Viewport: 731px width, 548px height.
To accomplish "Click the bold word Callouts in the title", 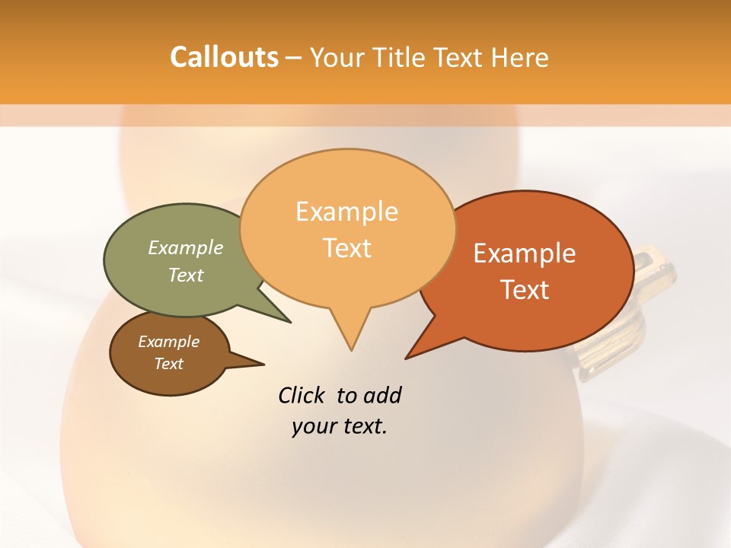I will coord(225,57).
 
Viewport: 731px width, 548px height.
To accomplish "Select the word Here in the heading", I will coord(520,57).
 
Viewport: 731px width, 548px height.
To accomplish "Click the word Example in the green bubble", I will coord(186,247).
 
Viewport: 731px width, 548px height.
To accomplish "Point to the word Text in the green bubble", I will coord(186,275).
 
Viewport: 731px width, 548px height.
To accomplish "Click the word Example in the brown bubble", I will coord(169,342).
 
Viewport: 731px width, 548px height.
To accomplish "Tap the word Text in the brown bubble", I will coord(169,364).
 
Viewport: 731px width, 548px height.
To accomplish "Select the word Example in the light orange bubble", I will coord(347,212).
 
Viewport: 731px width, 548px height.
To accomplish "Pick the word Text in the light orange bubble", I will coord(347,248).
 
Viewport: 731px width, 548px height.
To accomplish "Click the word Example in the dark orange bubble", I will coord(525,253).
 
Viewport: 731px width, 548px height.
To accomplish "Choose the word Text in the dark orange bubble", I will coord(525,290).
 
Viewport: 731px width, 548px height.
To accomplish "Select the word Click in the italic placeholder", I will coord(302,395).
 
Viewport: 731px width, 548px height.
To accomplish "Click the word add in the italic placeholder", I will coord(382,395).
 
